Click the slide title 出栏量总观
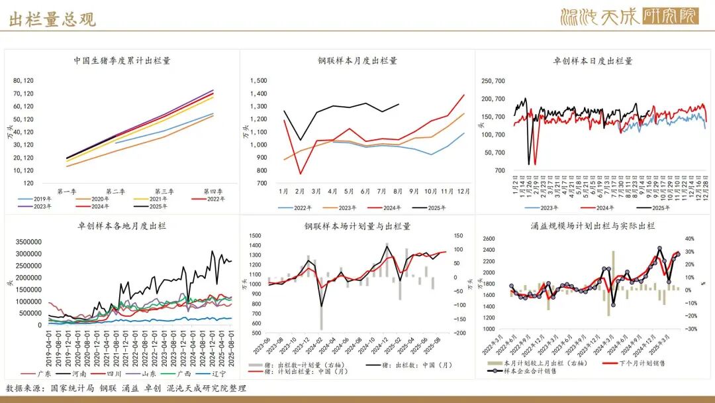coord(52,19)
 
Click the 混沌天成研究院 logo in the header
coord(628,16)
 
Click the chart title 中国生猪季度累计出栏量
coord(122,61)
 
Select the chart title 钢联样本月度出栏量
coord(358,61)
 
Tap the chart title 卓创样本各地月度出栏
coord(122,226)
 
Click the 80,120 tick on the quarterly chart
coord(23,81)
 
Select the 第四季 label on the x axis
coord(213,192)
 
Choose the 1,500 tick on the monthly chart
coord(259,81)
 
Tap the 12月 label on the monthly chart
coord(463,192)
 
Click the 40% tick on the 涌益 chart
coord(689,239)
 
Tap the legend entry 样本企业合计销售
coord(530,371)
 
